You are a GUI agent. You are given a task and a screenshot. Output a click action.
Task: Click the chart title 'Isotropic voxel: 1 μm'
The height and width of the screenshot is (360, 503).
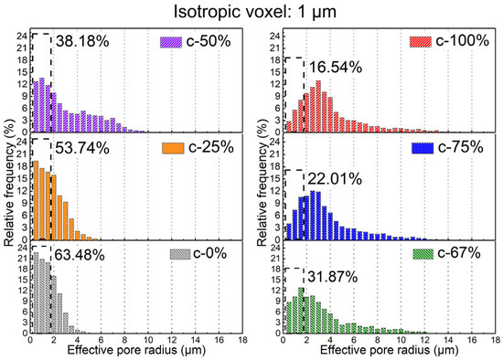pyautogui.click(x=255, y=12)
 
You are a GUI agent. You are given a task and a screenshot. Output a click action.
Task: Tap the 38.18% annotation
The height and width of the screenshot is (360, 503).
pyautogui.click(x=82, y=41)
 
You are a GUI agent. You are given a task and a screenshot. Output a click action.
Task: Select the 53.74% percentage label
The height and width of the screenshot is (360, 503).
pyautogui.click(x=82, y=148)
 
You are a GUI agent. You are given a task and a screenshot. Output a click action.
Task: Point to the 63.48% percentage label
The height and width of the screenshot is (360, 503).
pyautogui.click(x=80, y=255)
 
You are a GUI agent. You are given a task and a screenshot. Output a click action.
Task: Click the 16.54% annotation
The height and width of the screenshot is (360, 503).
pyautogui.click(x=336, y=68)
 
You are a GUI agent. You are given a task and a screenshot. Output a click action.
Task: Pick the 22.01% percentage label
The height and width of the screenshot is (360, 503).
pyautogui.click(x=335, y=179)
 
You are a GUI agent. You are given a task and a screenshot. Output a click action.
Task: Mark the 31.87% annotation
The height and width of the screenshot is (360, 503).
pyautogui.click(x=333, y=277)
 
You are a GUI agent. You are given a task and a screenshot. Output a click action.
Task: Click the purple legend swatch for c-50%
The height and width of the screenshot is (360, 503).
pyautogui.click(x=171, y=42)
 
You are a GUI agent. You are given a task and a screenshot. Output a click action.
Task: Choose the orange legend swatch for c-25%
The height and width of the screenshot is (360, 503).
pyautogui.click(x=173, y=148)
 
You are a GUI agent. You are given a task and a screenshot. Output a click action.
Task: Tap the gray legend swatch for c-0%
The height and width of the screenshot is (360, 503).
pyautogui.click(x=180, y=254)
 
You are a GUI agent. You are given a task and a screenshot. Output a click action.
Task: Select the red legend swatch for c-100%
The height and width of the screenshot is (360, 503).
pyautogui.click(x=421, y=42)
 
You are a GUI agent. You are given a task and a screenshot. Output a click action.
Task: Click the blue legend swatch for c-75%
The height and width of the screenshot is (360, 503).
pyautogui.click(x=423, y=148)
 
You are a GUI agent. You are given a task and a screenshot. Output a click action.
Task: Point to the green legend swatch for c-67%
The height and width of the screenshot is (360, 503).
pyautogui.click(x=423, y=254)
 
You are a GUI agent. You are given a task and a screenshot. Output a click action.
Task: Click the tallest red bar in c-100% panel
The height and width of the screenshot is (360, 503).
pyautogui.click(x=318, y=106)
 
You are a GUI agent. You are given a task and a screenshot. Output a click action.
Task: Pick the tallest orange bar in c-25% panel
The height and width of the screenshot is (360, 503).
pyautogui.click(x=36, y=200)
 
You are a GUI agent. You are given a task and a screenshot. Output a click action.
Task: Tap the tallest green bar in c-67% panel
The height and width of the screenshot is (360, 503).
pyautogui.click(x=301, y=311)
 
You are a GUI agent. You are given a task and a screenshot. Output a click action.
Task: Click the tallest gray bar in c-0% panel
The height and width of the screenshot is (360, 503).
pyautogui.click(x=36, y=292)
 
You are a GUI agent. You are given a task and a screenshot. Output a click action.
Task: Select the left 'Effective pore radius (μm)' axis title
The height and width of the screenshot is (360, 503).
pyautogui.click(x=136, y=350)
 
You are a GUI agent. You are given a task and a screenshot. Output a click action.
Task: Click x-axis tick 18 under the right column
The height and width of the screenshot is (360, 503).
pyautogui.click(x=496, y=339)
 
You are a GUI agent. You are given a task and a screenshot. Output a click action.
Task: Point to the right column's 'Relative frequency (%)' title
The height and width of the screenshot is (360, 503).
pyautogui.click(x=262, y=183)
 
